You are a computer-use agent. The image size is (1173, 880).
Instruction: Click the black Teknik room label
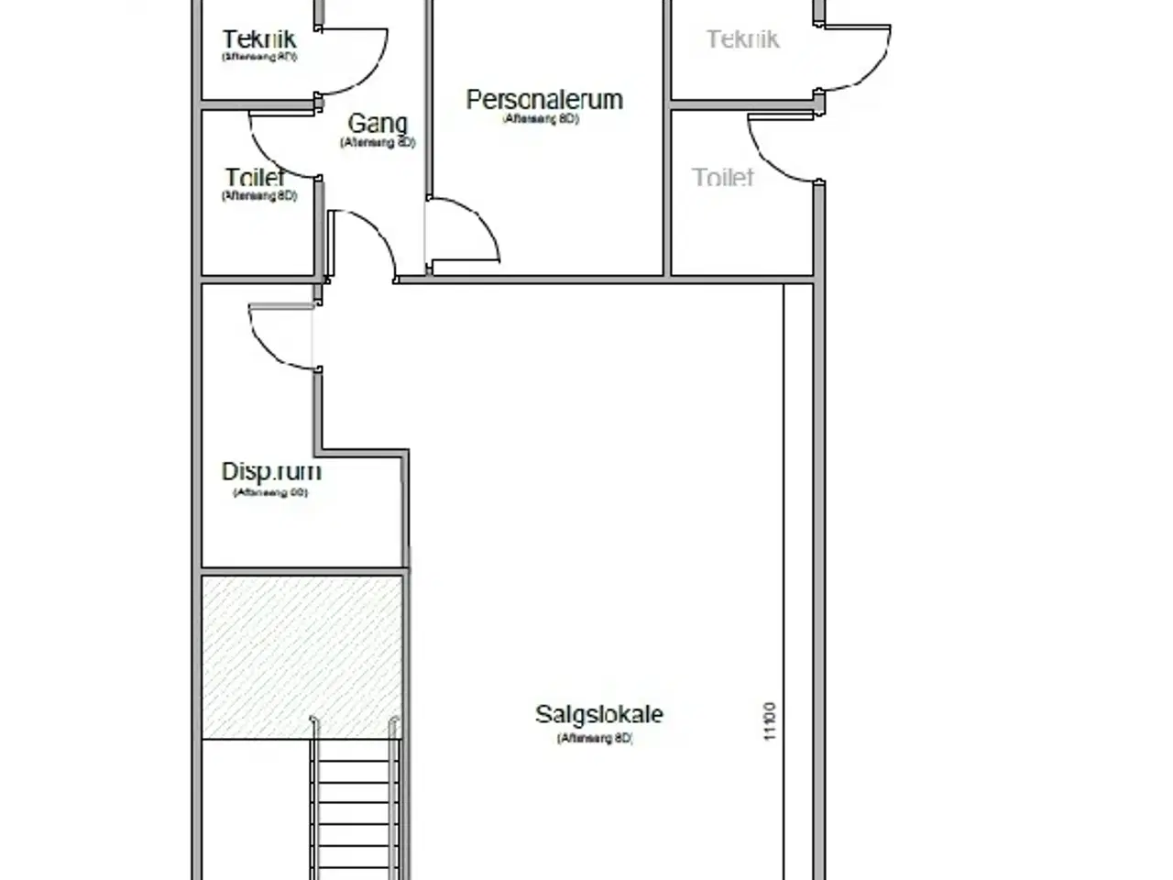coord(259,39)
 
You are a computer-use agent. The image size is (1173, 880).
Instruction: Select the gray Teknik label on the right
coord(742,38)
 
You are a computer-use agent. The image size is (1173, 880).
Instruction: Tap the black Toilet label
coord(256,177)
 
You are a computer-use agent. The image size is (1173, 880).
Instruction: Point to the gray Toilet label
coord(723,177)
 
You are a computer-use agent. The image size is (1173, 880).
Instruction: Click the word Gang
coord(378,123)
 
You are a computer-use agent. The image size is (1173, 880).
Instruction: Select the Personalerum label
coord(544,99)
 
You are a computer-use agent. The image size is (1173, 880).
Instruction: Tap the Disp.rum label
coord(271,471)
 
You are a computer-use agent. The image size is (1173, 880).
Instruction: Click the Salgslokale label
coord(599,714)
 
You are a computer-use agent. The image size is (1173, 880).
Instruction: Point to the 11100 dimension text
coord(770,721)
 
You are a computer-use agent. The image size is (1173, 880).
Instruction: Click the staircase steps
coord(356,807)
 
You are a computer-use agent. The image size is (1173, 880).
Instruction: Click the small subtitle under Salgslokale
coord(596,739)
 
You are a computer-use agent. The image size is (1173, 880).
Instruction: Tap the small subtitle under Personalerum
coord(542,119)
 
